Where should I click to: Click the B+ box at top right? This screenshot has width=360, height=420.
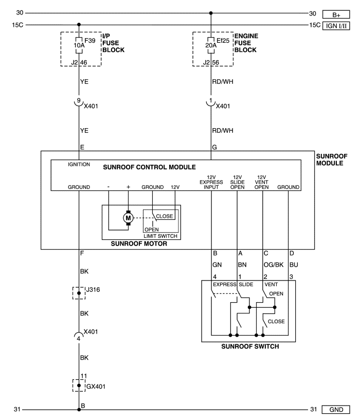336,14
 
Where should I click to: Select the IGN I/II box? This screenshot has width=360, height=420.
336,26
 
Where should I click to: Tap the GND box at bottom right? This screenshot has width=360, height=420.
336,410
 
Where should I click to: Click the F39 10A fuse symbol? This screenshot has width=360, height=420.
79,45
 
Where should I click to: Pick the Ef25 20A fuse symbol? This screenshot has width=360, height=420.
211,45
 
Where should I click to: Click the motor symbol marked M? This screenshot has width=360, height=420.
128,218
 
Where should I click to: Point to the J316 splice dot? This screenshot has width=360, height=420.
79,293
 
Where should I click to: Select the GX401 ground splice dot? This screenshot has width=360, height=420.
79,386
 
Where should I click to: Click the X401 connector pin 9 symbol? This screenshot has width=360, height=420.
79,103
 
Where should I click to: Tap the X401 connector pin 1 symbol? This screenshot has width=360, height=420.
211,103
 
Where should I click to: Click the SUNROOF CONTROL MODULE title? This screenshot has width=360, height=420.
149,167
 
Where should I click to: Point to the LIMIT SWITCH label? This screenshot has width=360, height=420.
160,236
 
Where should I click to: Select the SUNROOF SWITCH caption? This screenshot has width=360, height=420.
250,346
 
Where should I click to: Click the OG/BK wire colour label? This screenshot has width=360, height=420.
273,265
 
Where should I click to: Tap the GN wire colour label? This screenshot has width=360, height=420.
217,265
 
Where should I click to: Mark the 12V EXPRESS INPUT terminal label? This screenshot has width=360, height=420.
211,182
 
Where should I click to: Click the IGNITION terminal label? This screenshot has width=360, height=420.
79,165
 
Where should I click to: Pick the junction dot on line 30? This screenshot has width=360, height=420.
211,13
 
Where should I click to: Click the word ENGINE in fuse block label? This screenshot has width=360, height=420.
246,36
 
